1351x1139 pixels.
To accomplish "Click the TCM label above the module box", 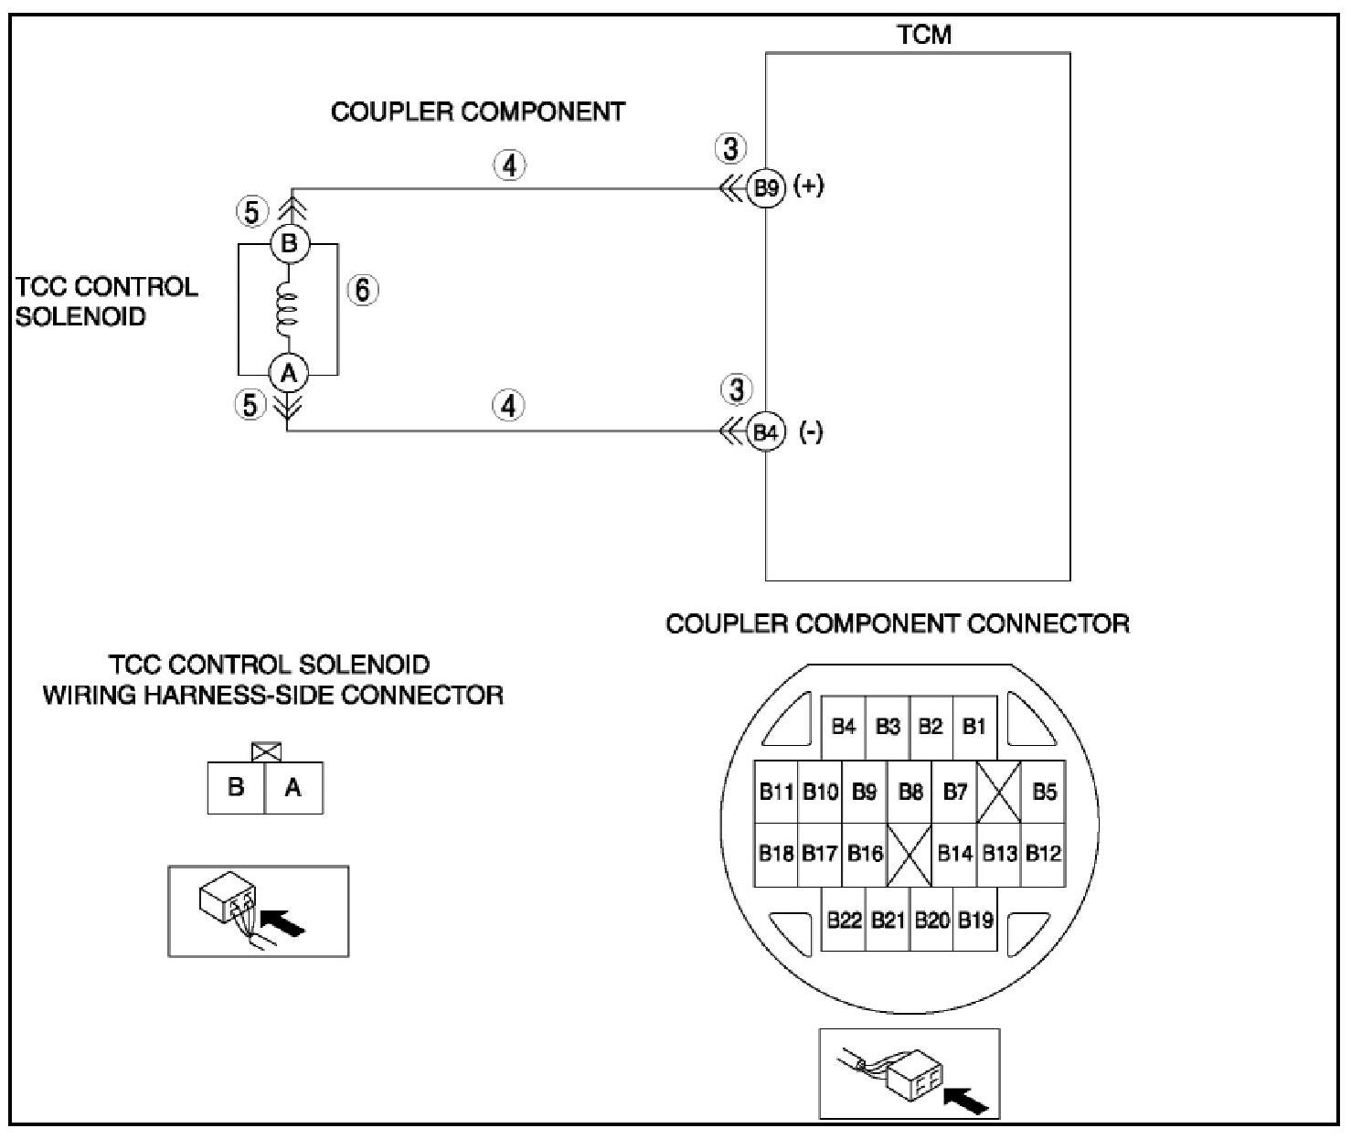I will (x=924, y=35).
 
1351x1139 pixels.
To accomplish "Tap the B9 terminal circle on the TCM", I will (x=765, y=188).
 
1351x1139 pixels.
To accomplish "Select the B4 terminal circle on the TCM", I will (x=765, y=431).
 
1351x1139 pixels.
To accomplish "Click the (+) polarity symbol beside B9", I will (x=809, y=186).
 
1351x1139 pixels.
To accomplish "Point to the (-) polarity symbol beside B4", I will (x=811, y=431).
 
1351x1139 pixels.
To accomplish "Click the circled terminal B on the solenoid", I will (x=289, y=244).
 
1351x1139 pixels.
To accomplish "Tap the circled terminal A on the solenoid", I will (x=289, y=373).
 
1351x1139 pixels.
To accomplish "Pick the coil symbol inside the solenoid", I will (x=287, y=309).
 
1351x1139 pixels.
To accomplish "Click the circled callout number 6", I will (x=363, y=290).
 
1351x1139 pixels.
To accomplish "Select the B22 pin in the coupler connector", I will (x=844, y=920).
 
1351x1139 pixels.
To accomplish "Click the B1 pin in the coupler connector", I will (x=974, y=727).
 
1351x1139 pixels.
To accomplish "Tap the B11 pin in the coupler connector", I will (x=776, y=791).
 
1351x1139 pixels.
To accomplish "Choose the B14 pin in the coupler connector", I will (x=954, y=854).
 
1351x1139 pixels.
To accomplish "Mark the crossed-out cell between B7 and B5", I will (x=999, y=792).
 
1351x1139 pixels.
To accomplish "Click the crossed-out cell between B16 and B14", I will (x=910, y=855).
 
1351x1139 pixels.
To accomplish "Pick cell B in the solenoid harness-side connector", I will (x=236, y=787).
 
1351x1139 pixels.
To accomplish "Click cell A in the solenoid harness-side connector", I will (x=293, y=787).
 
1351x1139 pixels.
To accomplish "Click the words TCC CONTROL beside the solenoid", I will (x=107, y=286).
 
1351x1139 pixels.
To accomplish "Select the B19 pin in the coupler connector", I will (x=975, y=920).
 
